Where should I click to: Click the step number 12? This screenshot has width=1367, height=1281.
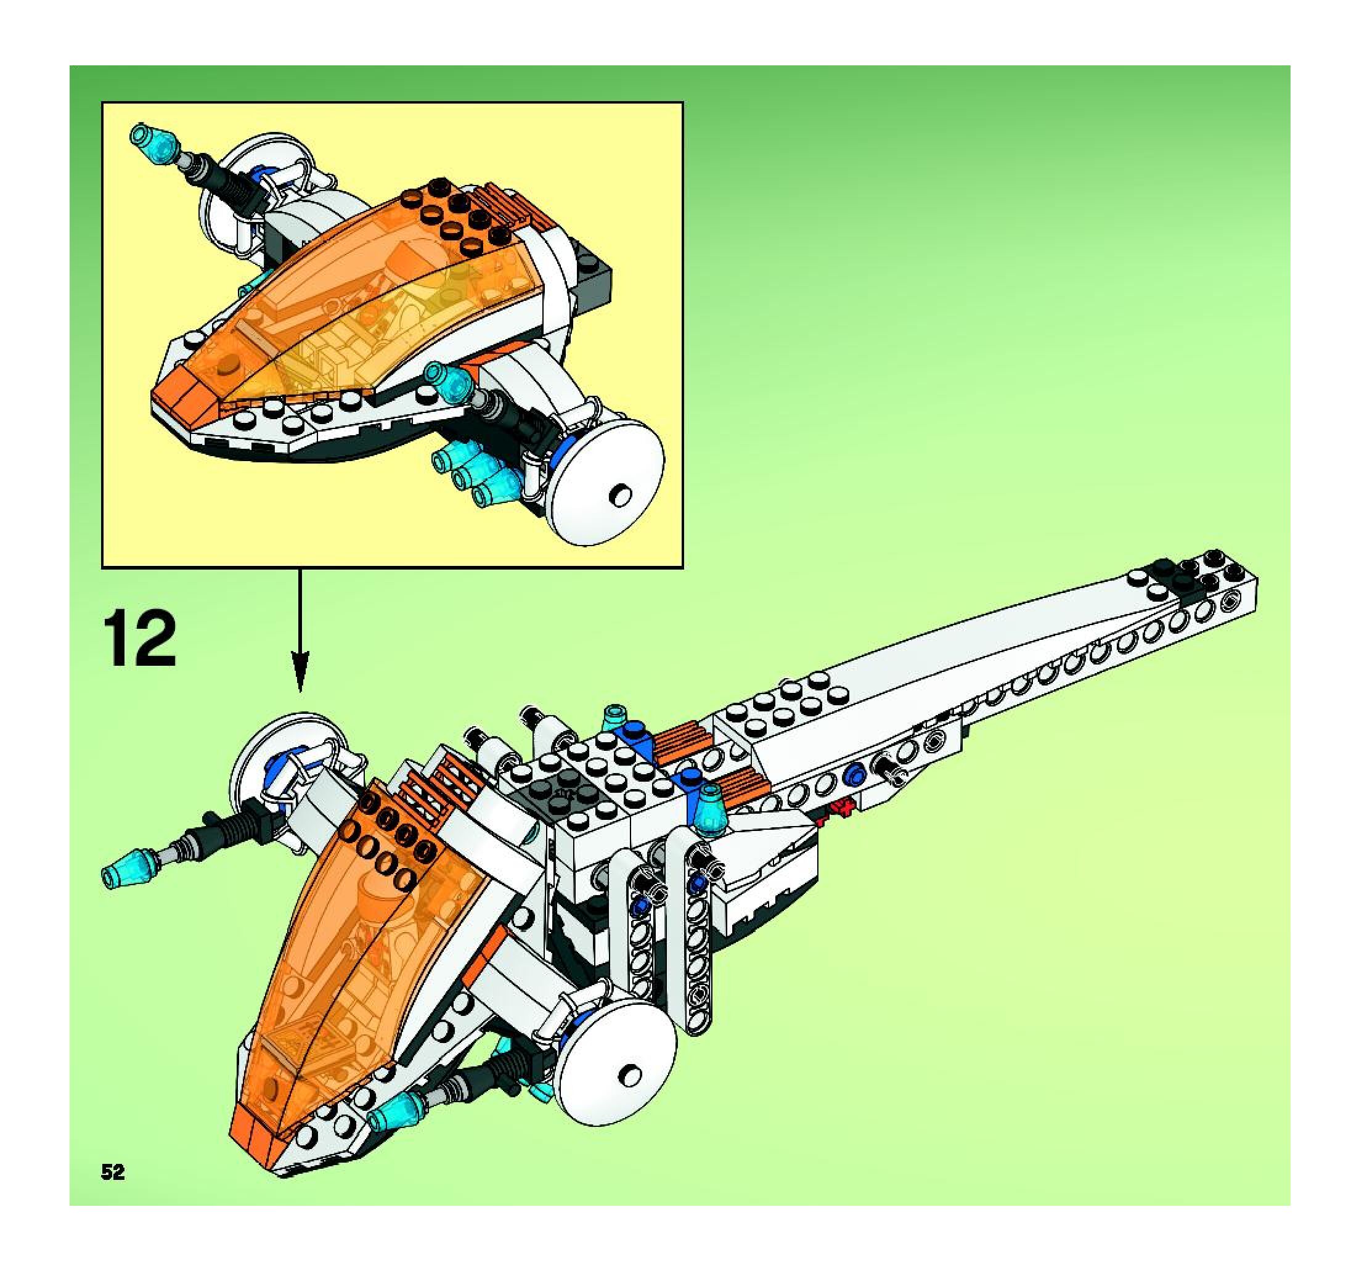coord(141,639)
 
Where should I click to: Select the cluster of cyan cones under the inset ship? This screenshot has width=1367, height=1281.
coord(475,475)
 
